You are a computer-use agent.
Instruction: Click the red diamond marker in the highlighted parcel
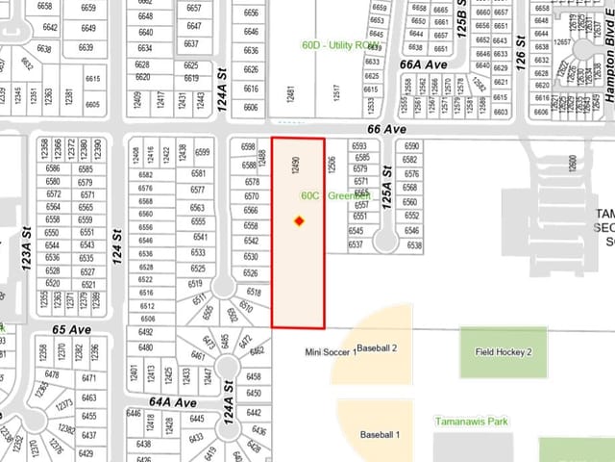(x=299, y=221)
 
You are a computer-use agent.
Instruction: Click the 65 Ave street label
(x=71, y=329)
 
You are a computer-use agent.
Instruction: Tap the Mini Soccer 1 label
(x=330, y=352)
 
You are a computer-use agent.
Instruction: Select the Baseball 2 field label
(x=377, y=347)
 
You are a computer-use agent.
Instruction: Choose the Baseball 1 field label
(x=380, y=435)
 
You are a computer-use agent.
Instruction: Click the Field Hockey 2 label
(x=504, y=352)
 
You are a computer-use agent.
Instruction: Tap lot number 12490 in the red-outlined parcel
(x=297, y=163)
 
